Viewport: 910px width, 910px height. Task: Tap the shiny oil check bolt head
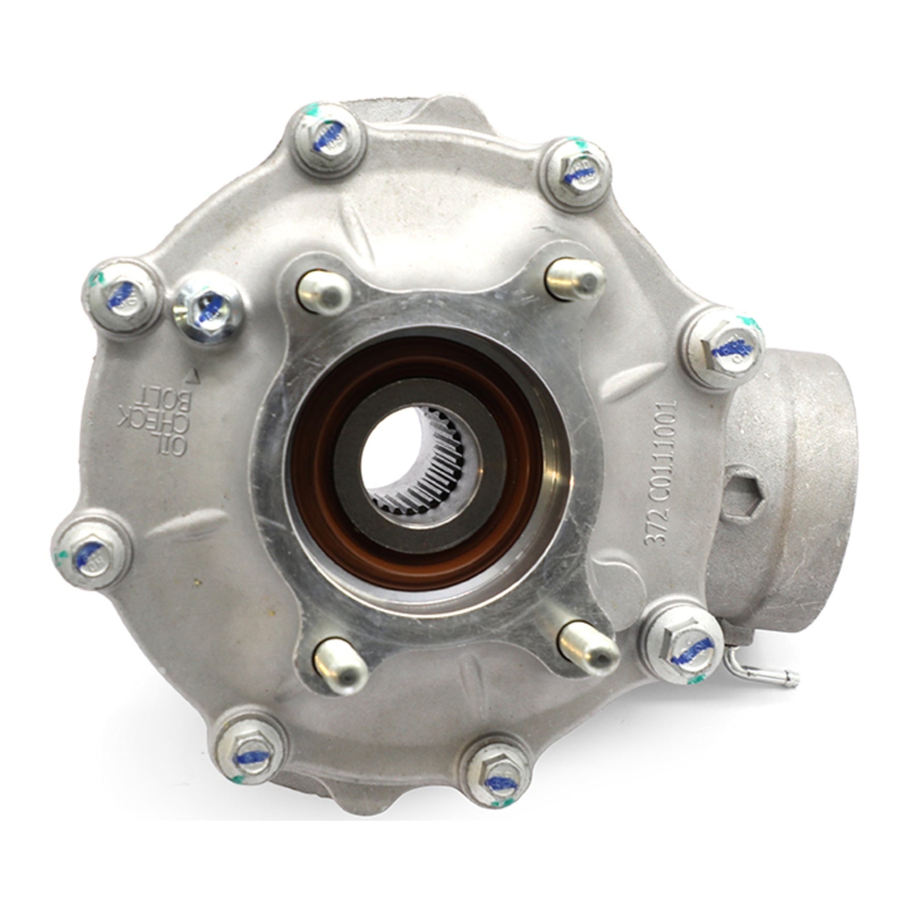click(x=208, y=310)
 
